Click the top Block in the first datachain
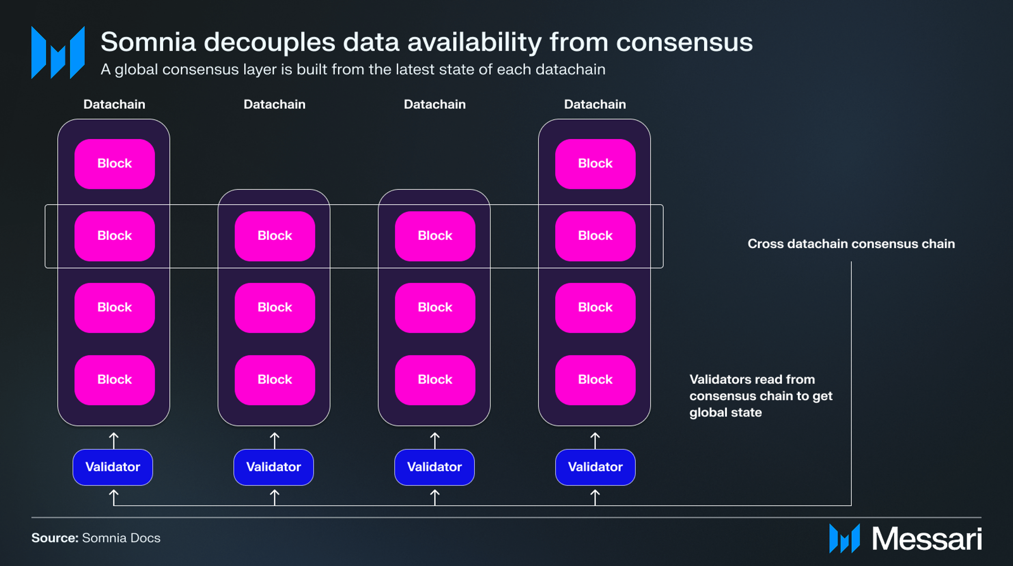pyautogui.click(x=114, y=164)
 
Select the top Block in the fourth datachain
pyautogui.click(x=595, y=164)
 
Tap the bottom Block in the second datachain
pyautogui.click(x=275, y=380)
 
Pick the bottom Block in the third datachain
pyautogui.click(x=435, y=380)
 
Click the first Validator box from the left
pyautogui.click(x=113, y=467)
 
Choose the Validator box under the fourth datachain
pyautogui.click(x=595, y=467)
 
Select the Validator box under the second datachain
pyautogui.click(x=273, y=467)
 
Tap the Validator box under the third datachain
pyautogui.click(x=434, y=467)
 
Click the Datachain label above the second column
pyautogui.click(x=274, y=104)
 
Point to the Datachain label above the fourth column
pyautogui.click(x=595, y=104)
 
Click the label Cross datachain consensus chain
pyautogui.click(x=851, y=244)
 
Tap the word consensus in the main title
pyautogui.click(x=684, y=43)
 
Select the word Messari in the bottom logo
pyautogui.click(x=927, y=539)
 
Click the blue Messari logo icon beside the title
pyautogui.click(x=58, y=53)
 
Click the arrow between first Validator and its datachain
pyautogui.click(x=114, y=441)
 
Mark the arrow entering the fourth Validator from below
pyautogui.click(x=595, y=498)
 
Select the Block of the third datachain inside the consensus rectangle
pyautogui.click(x=435, y=236)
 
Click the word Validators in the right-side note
pyautogui.click(x=719, y=380)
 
